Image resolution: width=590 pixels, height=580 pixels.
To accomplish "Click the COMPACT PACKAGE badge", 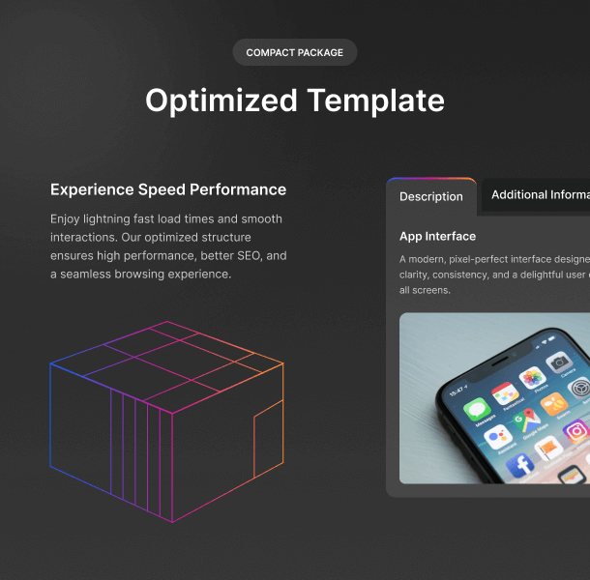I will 295,52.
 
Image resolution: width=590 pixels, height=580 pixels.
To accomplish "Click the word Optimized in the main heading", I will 221,101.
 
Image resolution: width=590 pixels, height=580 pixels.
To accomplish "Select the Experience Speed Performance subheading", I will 168,189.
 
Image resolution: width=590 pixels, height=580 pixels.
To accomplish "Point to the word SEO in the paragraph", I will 250,256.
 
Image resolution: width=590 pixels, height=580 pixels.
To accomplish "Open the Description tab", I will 430,196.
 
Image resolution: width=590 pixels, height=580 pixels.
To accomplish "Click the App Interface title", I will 437,236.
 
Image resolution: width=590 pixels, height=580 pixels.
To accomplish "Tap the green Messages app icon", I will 477,409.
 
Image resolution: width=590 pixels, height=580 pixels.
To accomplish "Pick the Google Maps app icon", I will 526,420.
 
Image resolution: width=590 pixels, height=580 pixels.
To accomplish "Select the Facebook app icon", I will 519,465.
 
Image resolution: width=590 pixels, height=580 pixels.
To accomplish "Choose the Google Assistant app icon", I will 498,438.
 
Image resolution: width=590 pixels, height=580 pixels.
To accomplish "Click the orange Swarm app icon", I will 554,404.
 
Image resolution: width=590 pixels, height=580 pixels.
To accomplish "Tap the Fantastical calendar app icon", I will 504,393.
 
